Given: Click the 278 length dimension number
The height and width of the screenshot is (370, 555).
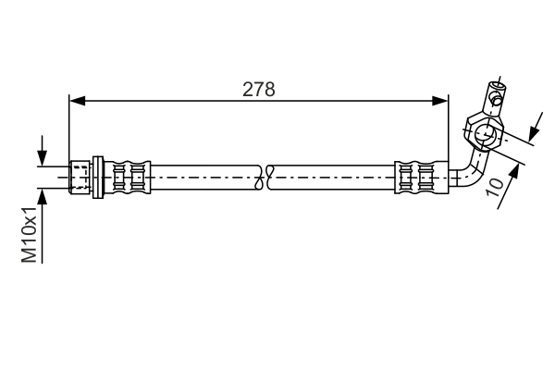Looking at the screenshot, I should [x=259, y=89].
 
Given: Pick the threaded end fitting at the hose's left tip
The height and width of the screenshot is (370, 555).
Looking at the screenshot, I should [x=81, y=176].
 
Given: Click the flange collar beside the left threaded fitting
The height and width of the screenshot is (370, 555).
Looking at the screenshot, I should [x=98, y=176].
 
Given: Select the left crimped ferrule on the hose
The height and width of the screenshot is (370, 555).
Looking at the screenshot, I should [x=130, y=176].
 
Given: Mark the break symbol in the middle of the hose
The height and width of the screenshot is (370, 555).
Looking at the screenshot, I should [x=267, y=176].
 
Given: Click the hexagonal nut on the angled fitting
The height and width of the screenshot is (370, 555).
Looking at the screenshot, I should [x=484, y=133].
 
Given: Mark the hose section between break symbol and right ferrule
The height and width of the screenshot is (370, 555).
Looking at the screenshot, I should [x=333, y=176].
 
